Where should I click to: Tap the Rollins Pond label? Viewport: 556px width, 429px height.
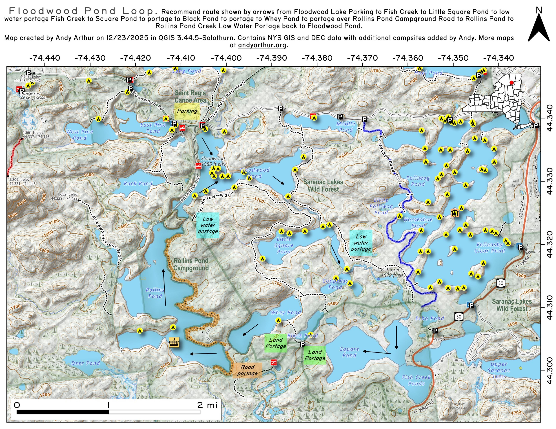(x=155, y=293)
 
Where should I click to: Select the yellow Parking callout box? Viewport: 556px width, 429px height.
(x=187, y=111)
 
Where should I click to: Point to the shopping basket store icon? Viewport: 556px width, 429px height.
(x=174, y=342)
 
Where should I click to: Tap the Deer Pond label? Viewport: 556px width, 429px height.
(x=86, y=363)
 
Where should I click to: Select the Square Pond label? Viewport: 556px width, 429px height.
(x=349, y=352)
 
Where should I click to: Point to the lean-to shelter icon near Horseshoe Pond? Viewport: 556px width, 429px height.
(x=454, y=213)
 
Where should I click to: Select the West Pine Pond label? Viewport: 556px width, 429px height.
(x=80, y=135)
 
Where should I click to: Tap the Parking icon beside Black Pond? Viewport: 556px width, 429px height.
(x=302, y=344)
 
